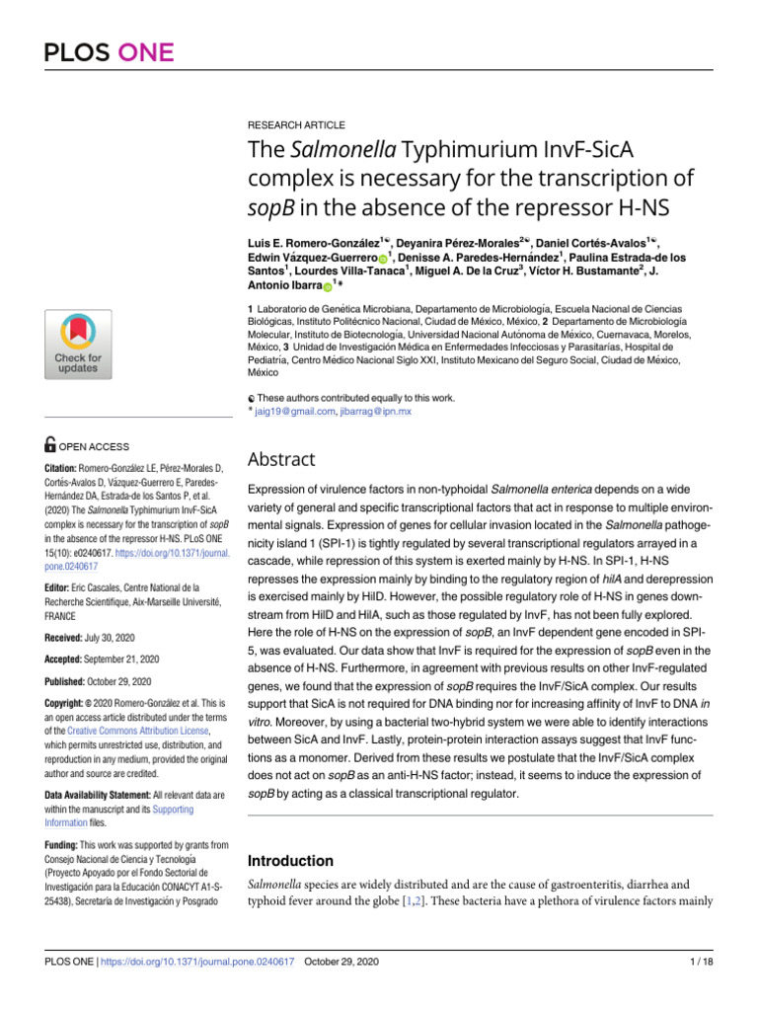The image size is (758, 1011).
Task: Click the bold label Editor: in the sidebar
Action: (61, 560)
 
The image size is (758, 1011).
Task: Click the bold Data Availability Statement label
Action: (112, 795)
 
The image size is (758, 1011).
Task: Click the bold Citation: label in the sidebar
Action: (65, 467)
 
